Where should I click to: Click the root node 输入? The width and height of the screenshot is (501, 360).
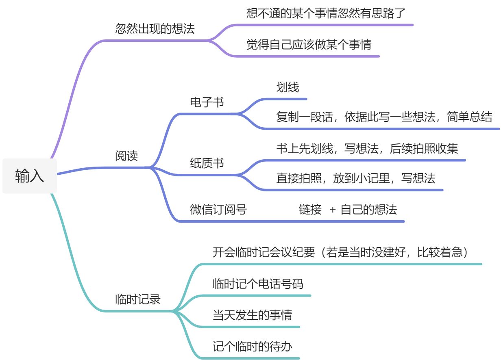point(30,176)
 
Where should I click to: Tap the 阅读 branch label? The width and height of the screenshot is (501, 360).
point(126,156)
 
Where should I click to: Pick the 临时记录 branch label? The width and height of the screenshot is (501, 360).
point(138,299)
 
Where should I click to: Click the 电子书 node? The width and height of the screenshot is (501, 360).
point(207,102)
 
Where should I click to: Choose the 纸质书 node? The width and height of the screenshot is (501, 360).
point(207,163)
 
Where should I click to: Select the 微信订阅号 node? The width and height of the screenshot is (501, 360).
point(218,210)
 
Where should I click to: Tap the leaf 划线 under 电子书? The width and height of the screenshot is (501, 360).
point(288,87)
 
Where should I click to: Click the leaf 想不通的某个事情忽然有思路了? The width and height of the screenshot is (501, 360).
point(326,13)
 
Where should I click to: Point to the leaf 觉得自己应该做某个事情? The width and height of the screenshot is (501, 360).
point(309,44)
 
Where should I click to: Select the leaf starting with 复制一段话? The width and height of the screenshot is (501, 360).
point(384,117)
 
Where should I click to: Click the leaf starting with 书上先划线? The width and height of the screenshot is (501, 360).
point(367,148)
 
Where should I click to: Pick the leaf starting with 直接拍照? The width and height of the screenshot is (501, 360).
point(356,178)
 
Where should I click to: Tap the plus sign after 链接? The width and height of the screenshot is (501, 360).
point(333,210)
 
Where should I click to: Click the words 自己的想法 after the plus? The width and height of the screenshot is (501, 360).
point(368,210)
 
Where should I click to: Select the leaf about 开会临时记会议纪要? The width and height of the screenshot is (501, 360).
point(341,252)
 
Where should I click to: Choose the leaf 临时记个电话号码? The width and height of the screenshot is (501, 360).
point(258,283)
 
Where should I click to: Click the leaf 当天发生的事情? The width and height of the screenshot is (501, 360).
point(252,315)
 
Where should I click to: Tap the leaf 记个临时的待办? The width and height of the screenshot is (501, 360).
point(252,347)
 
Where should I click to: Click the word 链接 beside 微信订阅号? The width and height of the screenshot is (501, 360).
point(310,210)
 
